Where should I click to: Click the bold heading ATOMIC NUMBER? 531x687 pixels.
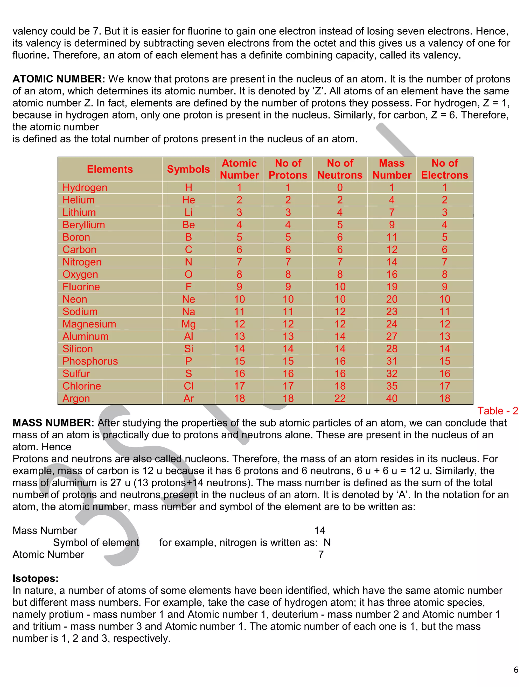coord(59,79)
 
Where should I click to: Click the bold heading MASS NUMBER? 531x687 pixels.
coord(53,423)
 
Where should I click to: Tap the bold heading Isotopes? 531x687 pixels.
coord(36,578)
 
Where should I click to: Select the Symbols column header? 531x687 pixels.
coord(188,169)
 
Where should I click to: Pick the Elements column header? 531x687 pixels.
coord(110,169)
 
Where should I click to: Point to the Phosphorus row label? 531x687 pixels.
coord(90,361)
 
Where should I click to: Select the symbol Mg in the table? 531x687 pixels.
coord(188,324)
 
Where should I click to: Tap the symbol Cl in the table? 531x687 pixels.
coord(188,386)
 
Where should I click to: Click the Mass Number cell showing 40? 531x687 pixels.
coord(392,398)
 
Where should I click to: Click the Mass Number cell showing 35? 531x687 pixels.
coord(392,386)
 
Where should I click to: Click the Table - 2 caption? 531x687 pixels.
coord(497,411)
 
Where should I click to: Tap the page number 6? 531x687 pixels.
coord(516,670)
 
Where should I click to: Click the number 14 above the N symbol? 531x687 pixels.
coord(320,531)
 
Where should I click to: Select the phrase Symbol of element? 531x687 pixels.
coord(96,543)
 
